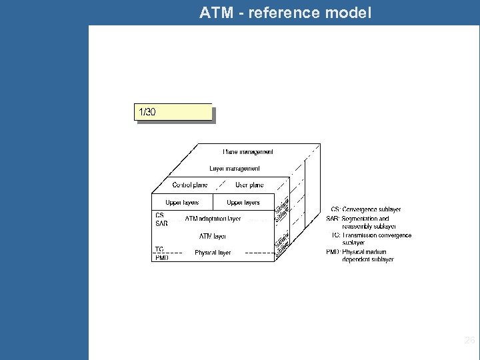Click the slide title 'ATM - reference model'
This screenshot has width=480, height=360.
tap(285, 12)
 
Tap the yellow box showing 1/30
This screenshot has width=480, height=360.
tap(174, 113)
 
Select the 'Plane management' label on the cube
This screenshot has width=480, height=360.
tap(247, 152)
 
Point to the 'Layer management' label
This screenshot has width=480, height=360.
tap(235, 169)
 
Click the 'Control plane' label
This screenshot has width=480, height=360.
tap(190, 185)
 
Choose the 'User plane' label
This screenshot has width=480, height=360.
tap(249, 185)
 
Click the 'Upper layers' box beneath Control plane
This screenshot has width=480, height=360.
tap(182, 202)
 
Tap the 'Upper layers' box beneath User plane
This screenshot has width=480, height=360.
tap(243, 202)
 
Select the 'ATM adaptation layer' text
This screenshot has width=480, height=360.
tap(213, 219)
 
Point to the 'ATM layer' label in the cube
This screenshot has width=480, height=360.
tap(213, 236)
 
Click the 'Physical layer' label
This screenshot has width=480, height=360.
tap(213, 253)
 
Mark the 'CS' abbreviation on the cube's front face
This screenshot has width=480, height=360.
tap(159, 215)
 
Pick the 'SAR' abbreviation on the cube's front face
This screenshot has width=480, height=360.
tap(161, 223)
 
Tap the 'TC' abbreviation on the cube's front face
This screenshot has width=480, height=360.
tap(159, 249)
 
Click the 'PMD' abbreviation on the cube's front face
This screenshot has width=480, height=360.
tap(161, 257)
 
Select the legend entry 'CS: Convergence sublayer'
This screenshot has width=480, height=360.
tap(366, 210)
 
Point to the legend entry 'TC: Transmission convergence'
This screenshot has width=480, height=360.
tap(371, 239)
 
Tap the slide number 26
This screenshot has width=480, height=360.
tap(469, 341)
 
